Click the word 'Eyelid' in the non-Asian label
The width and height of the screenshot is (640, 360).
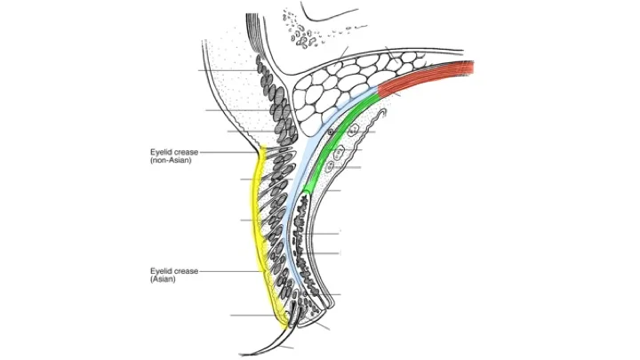pos(163,153)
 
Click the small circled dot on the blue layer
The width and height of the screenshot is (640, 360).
pos(331,131)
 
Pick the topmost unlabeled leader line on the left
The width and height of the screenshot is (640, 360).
pos(227,70)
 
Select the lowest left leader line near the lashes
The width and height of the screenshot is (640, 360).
pos(253,315)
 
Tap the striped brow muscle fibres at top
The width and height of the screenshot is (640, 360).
pos(257,36)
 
